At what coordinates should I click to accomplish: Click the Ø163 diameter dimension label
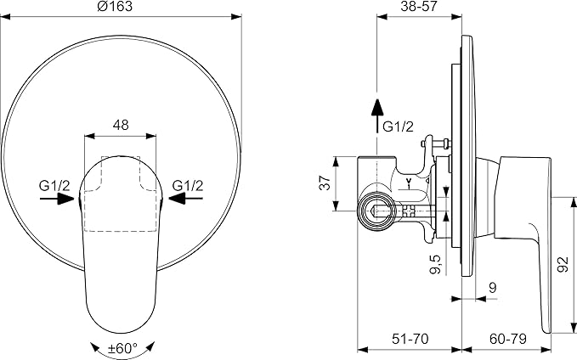tap(115, 6)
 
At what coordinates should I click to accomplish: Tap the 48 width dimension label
tap(121, 125)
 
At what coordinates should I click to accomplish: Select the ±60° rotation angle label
tap(122, 347)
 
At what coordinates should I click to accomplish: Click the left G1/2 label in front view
tap(54, 186)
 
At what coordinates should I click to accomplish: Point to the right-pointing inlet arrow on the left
tap(57, 199)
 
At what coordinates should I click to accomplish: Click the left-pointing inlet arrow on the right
tap(186, 199)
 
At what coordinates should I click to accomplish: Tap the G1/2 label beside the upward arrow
tap(399, 127)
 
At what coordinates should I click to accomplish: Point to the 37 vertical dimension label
tap(325, 183)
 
